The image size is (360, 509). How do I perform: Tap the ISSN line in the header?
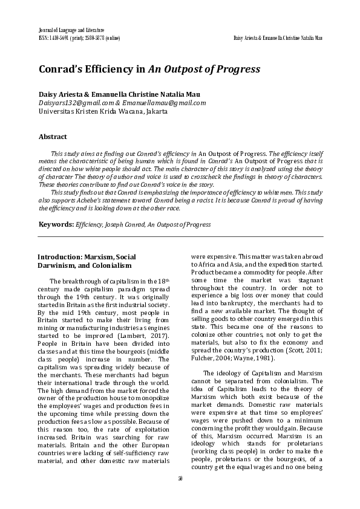tap(79, 37)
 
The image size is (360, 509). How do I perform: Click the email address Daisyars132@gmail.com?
tap(72, 103)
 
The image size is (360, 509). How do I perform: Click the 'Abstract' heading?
tap(53, 137)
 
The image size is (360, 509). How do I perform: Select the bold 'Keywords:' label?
tap(56, 224)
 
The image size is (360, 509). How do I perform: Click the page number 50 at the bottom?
tap(180, 494)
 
